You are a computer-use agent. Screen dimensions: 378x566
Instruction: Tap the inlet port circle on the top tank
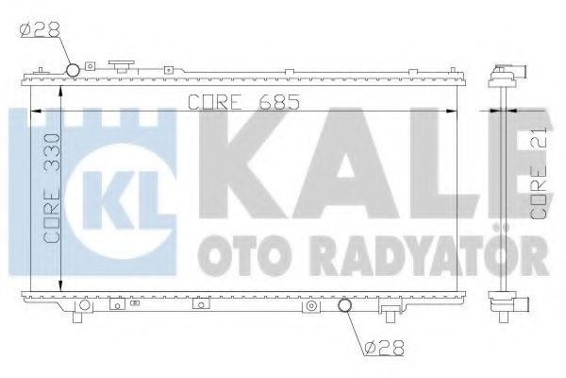coord(73,70)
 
